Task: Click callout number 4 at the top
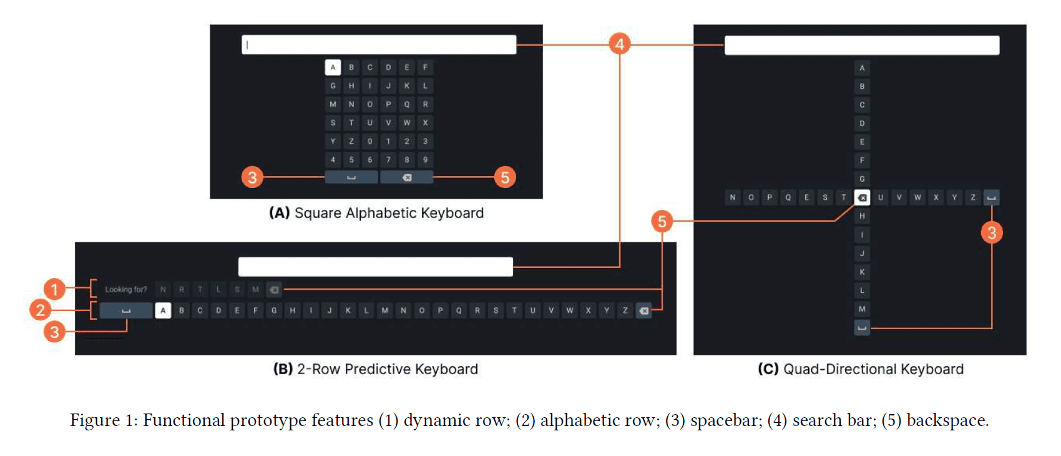coord(619,44)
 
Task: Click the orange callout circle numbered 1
coord(54,289)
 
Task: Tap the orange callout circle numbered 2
coord(41,310)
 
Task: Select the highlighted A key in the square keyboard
coord(333,67)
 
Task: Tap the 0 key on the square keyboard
coord(369,141)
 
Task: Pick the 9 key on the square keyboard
coord(425,160)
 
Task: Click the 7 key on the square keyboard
coord(388,160)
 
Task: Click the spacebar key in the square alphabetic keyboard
coord(351,177)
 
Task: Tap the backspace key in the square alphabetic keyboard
coord(406,177)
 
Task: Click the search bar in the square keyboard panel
coord(379,45)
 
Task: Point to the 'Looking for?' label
coord(125,290)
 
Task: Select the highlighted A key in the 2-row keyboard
coord(163,310)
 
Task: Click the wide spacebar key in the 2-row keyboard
coord(126,310)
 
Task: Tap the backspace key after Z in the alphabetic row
coord(643,310)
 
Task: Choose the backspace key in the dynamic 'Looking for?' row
coord(274,290)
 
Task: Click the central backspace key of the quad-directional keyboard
coord(862,198)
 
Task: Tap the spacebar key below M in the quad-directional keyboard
coord(862,327)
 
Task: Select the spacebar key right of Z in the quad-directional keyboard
coord(991,198)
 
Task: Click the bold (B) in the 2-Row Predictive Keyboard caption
coord(283,369)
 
